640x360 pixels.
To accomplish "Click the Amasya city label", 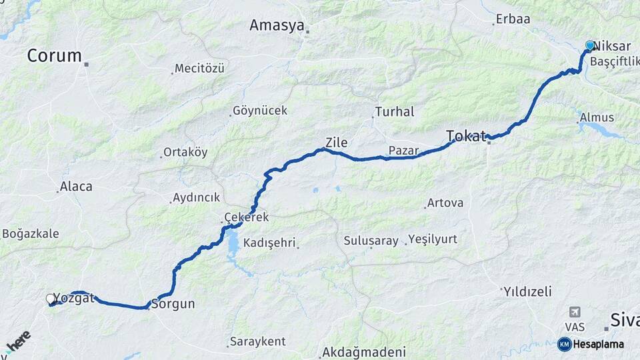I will pyautogui.click(x=277, y=25).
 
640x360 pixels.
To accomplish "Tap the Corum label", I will pyautogui.click(x=55, y=56).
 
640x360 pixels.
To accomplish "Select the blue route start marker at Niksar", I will pyautogui.click(x=589, y=45).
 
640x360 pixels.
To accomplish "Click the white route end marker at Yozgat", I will pyautogui.click(x=51, y=299).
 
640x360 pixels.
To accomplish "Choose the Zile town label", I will pyautogui.click(x=336, y=142).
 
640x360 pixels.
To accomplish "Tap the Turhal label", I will pyautogui.click(x=395, y=112).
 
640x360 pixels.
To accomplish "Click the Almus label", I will pyautogui.click(x=597, y=117).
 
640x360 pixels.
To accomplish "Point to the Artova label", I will pyautogui.click(x=445, y=202).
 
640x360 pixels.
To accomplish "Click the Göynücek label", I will pyautogui.click(x=259, y=111).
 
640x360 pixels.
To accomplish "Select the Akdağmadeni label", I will pyautogui.click(x=364, y=351).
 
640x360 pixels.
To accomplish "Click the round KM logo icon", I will pyautogui.click(x=564, y=344).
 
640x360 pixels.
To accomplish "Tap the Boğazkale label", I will pyautogui.click(x=31, y=233).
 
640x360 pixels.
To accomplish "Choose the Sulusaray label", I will pyautogui.click(x=371, y=240).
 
